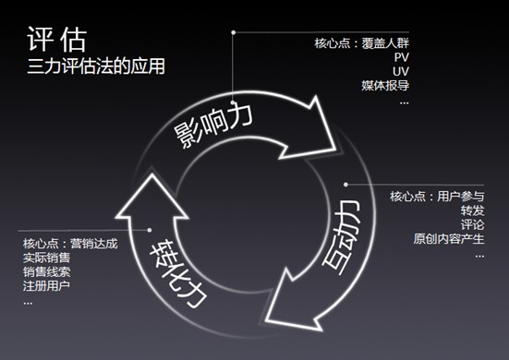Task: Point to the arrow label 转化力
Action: click(x=182, y=267)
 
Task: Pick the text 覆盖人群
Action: click(x=386, y=42)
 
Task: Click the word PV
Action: click(x=400, y=57)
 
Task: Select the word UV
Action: click(x=400, y=71)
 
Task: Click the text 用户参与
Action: click(x=461, y=197)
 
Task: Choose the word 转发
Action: click(x=472, y=210)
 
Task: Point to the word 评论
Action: click(x=472, y=225)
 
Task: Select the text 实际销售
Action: click(x=45, y=258)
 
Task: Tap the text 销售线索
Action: click(x=45, y=272)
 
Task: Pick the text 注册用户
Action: click(x=45, y=287)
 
